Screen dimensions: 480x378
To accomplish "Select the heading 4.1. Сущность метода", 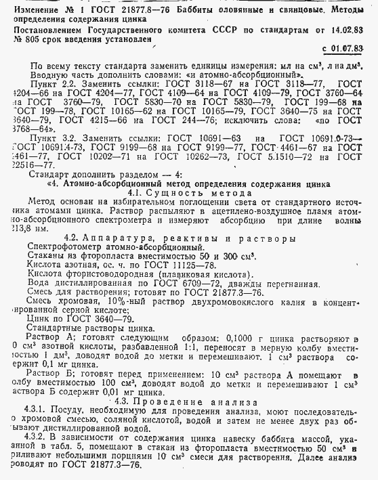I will click(x=180, y=192).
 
